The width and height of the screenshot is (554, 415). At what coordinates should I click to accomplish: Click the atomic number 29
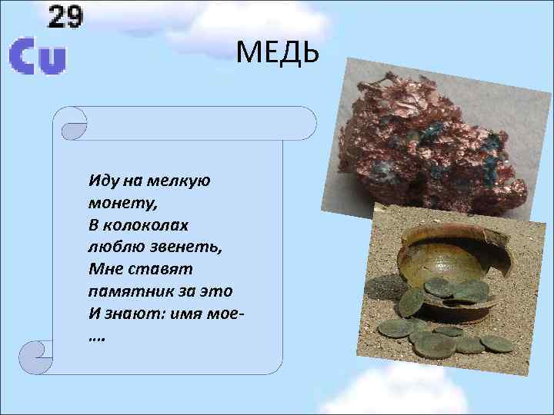tap(65, 16)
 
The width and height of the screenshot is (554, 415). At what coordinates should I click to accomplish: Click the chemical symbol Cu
tap(37, 57)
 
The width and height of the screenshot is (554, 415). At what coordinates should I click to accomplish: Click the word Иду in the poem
tap(103, 181)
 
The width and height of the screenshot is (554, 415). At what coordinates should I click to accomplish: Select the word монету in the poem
tap(116, 204)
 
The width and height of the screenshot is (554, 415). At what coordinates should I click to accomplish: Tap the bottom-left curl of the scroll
tap(38, 357)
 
